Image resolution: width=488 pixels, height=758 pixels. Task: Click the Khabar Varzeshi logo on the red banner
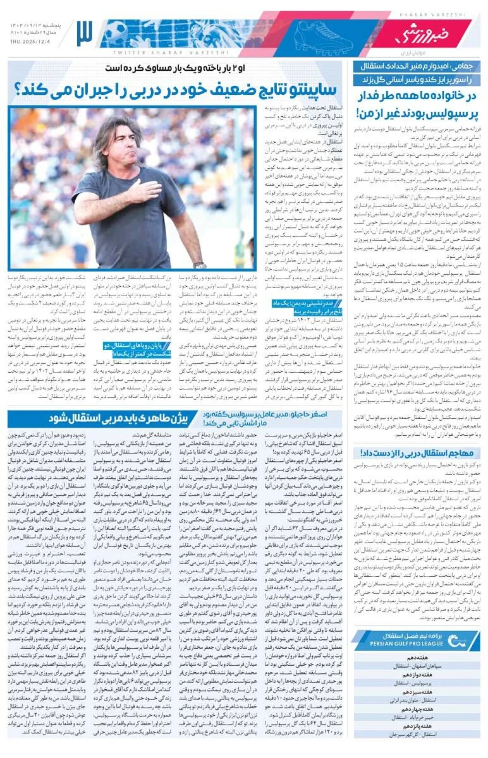423,35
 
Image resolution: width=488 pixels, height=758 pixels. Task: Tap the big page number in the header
84,33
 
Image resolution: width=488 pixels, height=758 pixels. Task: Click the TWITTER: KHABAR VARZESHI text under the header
171,53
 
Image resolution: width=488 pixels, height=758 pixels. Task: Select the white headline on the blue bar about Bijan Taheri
118,419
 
